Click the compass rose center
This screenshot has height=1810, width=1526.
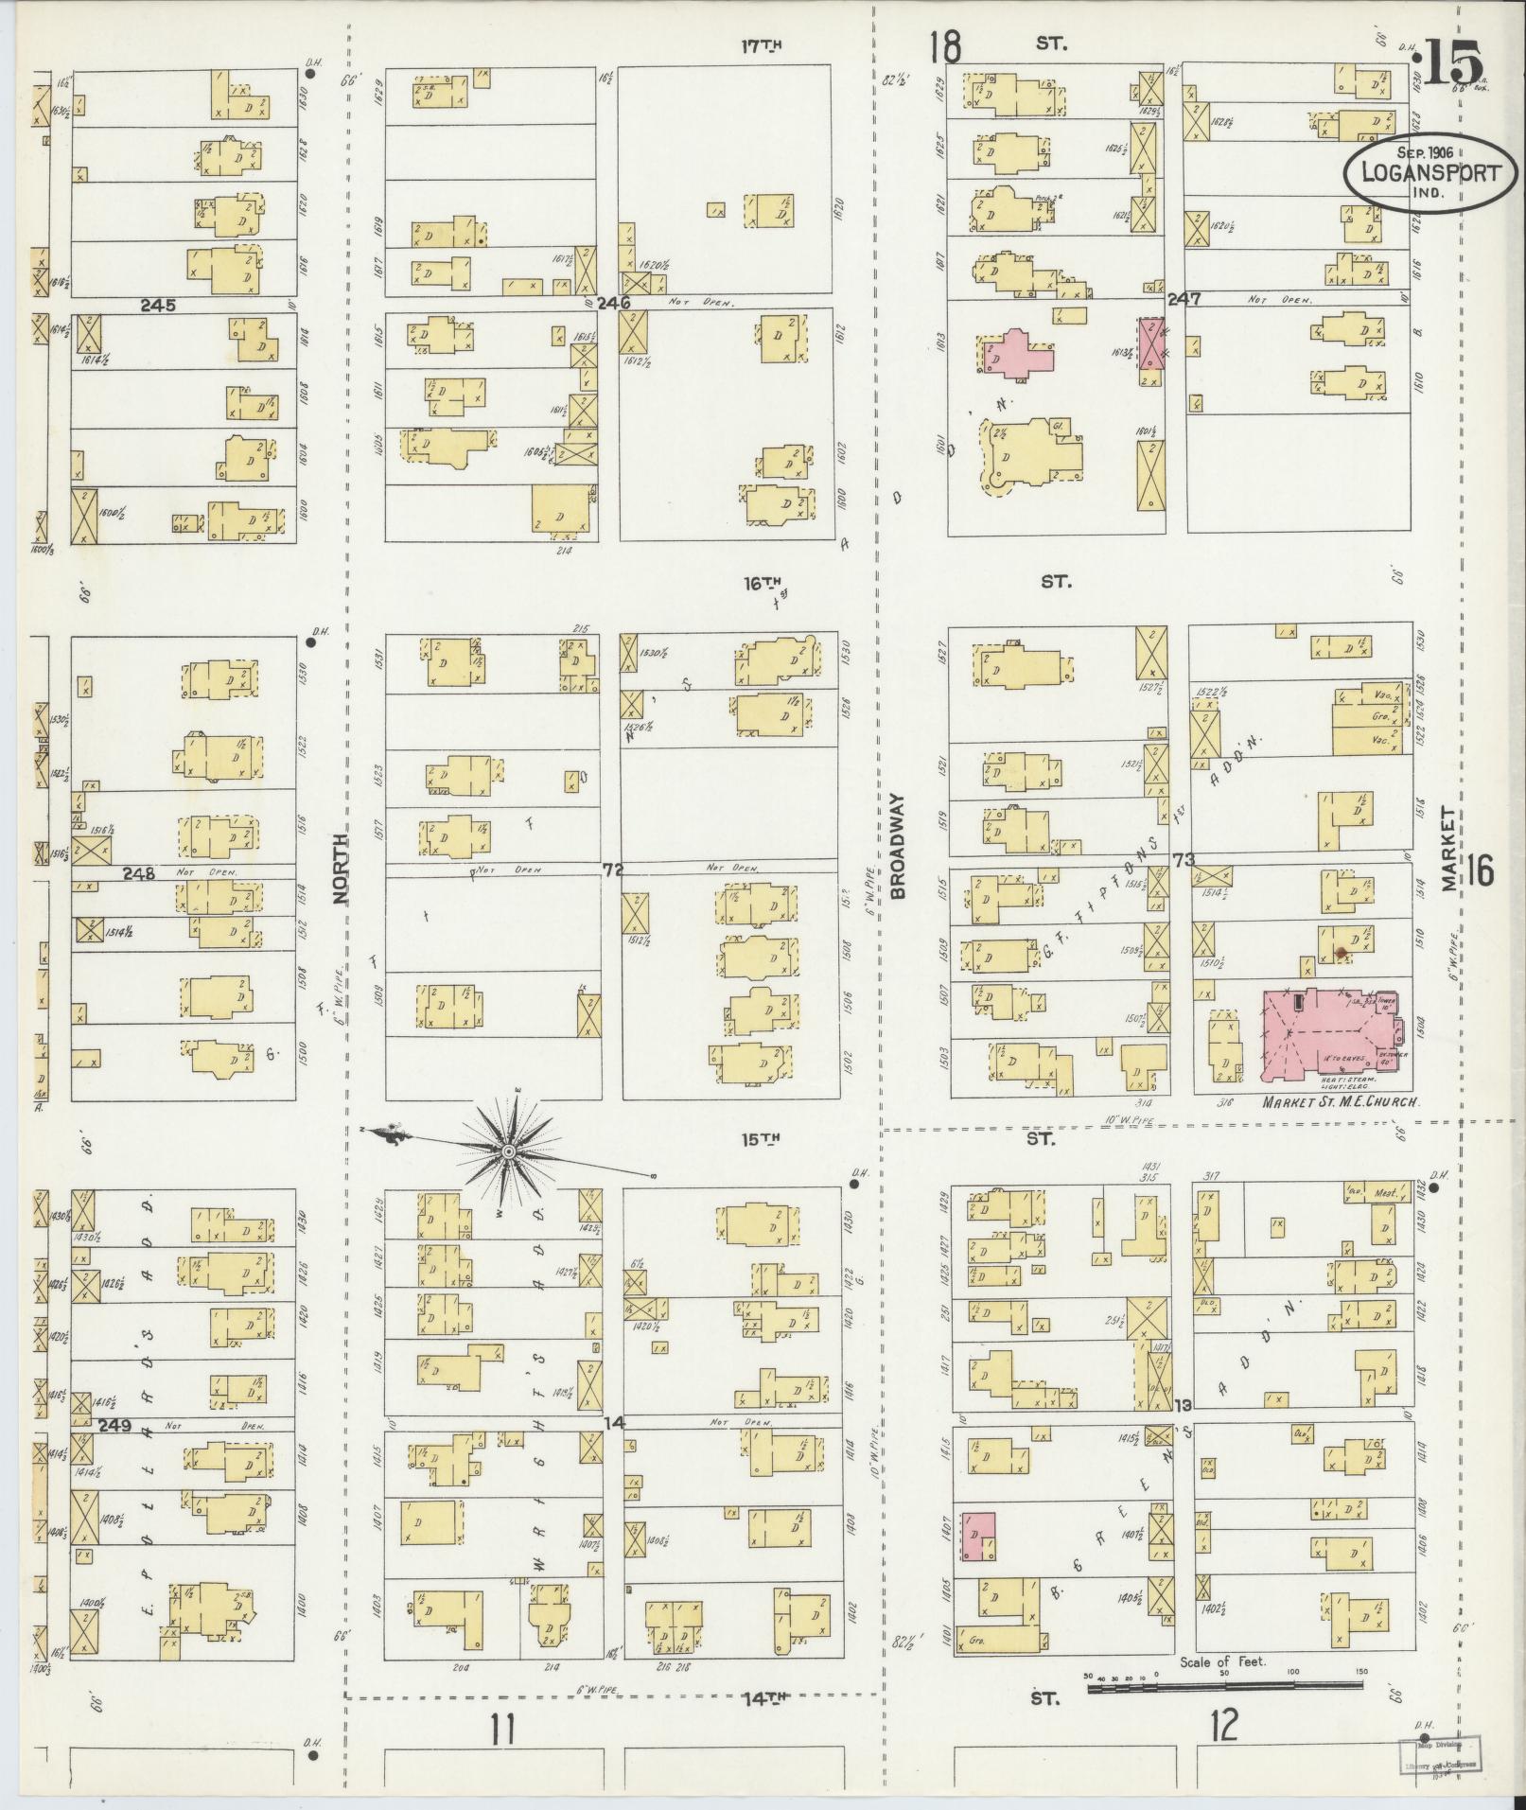click(x=508, y=1151)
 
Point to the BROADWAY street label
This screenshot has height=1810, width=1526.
click(x=898, y=846)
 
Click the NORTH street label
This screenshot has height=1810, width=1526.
click(x=342, y=864)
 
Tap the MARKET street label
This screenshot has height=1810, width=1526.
click(x=1448, y=849)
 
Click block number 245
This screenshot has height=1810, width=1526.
click(x=158, y=306)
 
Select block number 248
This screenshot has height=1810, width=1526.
click(x=138, y=872)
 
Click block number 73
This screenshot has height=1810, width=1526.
click(x=1184, y=860)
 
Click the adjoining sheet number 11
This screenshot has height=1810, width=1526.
click(x=502, y=1730)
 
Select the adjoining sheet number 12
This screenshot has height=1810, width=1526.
click(x=1223, y=1725)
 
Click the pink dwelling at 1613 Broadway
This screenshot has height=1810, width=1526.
click(x=1018, y=353)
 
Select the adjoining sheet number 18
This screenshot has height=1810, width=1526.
click(x=944, y=45)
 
